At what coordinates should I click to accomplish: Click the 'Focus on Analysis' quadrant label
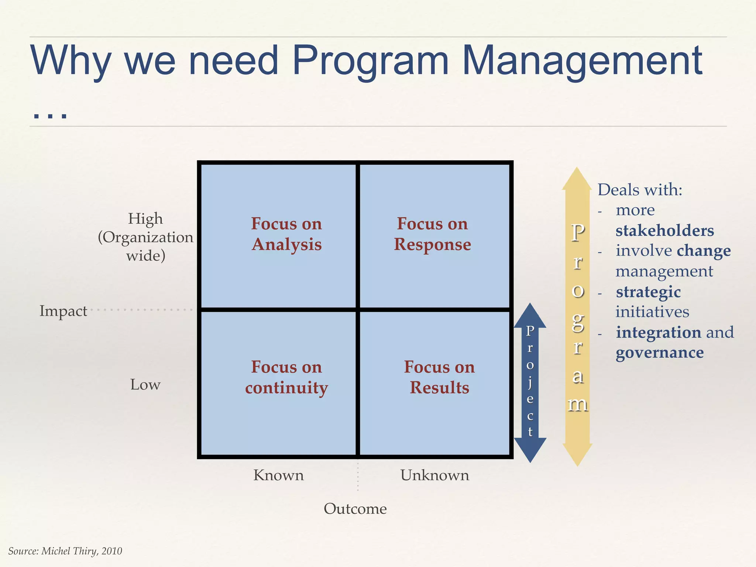coord(286,234)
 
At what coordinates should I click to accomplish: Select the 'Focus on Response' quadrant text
coord(432,234)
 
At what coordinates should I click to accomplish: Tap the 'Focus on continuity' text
coord(286,377)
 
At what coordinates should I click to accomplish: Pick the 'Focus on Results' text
coord(439,377)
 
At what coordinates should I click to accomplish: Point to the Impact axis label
coord(63,311)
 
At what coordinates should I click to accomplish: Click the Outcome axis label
coord(355,509)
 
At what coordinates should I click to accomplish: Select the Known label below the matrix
coord(278,475)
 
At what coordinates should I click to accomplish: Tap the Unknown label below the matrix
coord(434,475)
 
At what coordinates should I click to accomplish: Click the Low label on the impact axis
coord(145,385)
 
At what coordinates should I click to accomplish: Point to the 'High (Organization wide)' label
coord(145,237)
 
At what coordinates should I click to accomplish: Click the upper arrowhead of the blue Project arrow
coord(530,315)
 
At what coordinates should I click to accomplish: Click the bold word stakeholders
coord(664,231)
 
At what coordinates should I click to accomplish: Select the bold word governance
coord(660,353)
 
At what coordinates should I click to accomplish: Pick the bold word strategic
coord(648,292)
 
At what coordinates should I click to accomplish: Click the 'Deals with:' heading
coord(640,190)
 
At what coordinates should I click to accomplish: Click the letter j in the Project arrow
coord(530,382)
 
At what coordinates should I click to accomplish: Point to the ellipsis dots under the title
coord(50,116)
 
